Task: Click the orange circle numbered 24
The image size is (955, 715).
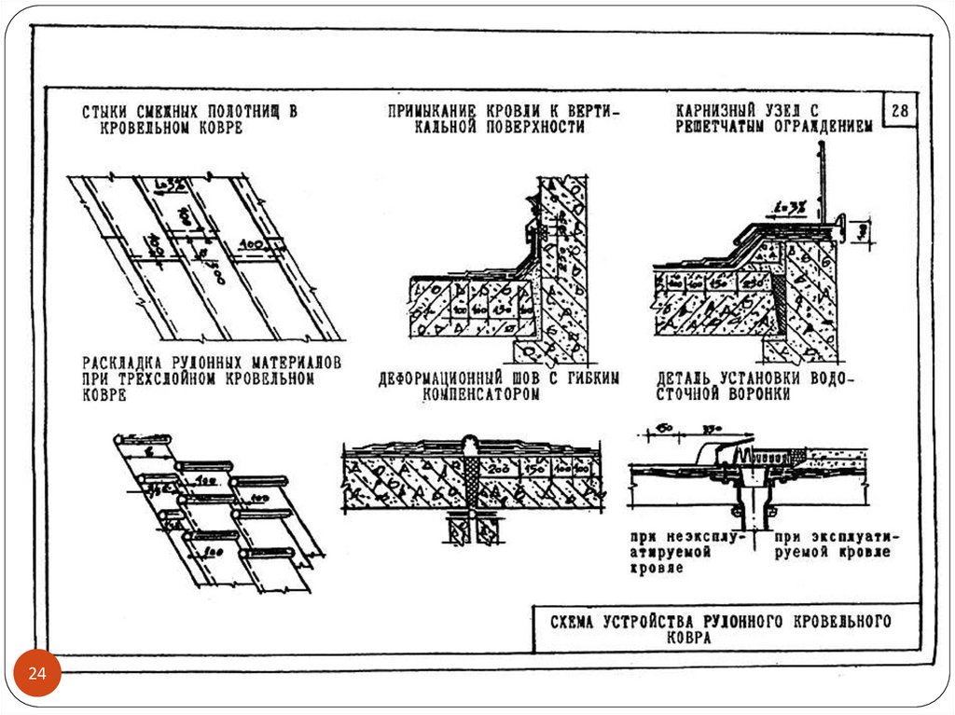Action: [38, 673]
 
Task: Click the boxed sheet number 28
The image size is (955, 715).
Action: [901, 111]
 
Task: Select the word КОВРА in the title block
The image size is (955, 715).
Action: [688, 639]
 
